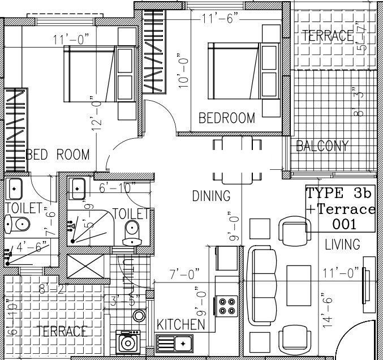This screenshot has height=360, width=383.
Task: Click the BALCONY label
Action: coord(322,146)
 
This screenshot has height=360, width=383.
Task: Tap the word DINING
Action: coord(211,196)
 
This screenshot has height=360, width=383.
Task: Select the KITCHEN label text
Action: coord(180,324)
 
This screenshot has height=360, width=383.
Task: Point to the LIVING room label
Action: coord(343,245)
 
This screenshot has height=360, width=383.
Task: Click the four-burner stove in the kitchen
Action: coord(227,306)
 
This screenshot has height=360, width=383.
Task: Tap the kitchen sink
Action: coord(174,342)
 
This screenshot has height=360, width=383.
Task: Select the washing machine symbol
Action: coord(128,343)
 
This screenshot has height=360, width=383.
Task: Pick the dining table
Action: coord(233,160)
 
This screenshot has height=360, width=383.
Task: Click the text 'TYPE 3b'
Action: coord(339,192)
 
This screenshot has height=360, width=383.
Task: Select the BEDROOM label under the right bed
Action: coord(227,118)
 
